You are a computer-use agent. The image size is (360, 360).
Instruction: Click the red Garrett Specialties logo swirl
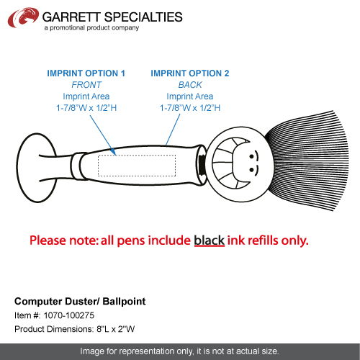click(x=23, y=17)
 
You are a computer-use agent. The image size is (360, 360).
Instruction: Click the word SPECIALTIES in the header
click(x=143, y=17)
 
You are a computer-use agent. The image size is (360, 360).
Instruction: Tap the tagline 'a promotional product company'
click(x=91, y=28)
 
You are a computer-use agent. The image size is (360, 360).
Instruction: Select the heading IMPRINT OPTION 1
click(x=86, y=73)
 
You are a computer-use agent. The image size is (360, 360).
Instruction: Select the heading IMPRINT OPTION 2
click(x=190, y=73)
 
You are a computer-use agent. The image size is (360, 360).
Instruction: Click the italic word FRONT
click(x=86, y=85)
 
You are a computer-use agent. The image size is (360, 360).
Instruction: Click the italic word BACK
click(x=190, y=85)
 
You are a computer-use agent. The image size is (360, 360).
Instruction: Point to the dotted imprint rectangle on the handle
click(x=137, y=166)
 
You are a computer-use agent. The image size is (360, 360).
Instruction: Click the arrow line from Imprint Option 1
click(x=103, y=135)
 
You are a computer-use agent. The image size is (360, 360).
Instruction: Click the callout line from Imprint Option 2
click(x=173, y=130)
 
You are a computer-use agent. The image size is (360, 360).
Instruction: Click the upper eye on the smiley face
click(x=251, y=157)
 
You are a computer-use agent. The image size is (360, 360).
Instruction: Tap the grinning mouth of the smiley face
click(x=230, y=163)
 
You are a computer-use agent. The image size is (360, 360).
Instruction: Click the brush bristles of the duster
click(x=310, y=161)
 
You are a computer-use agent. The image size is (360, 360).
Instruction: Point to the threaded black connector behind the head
click(x=202, y=165)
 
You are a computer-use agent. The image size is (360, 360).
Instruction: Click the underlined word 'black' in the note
click(x=210, y=240)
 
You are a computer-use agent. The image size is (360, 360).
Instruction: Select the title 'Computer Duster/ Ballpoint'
click(x=80, y=302)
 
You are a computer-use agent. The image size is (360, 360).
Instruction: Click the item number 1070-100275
click(x=69, y=315)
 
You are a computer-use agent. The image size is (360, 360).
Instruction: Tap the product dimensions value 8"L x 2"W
click(x=115, y=329)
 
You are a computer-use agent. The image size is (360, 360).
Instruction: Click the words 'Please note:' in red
click(x=64, y=240)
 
